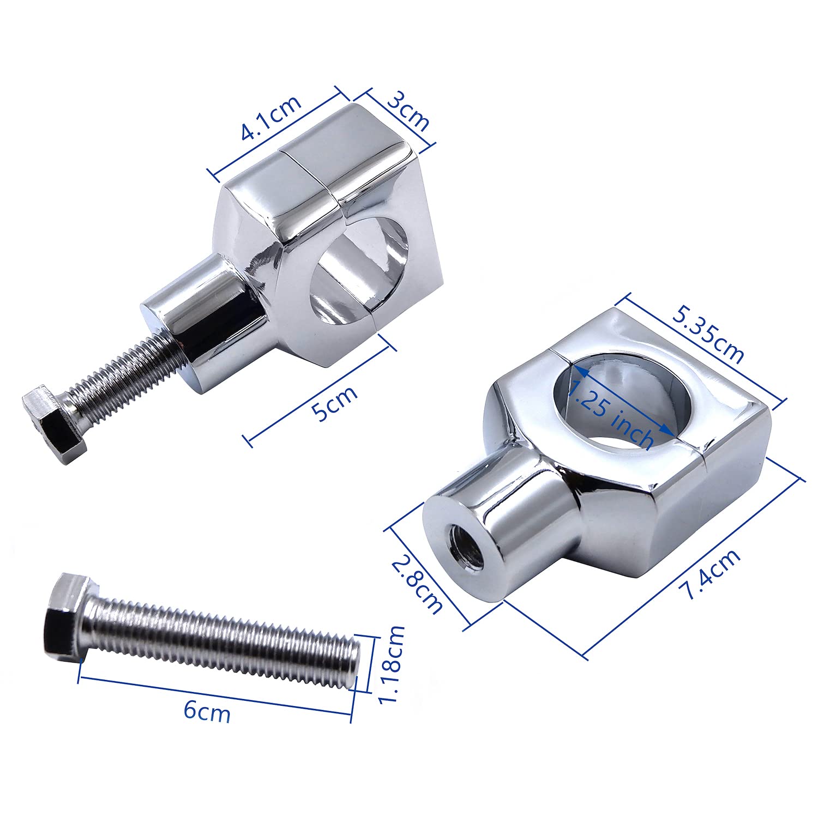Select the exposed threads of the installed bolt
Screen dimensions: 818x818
click(x=131, y=376)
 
